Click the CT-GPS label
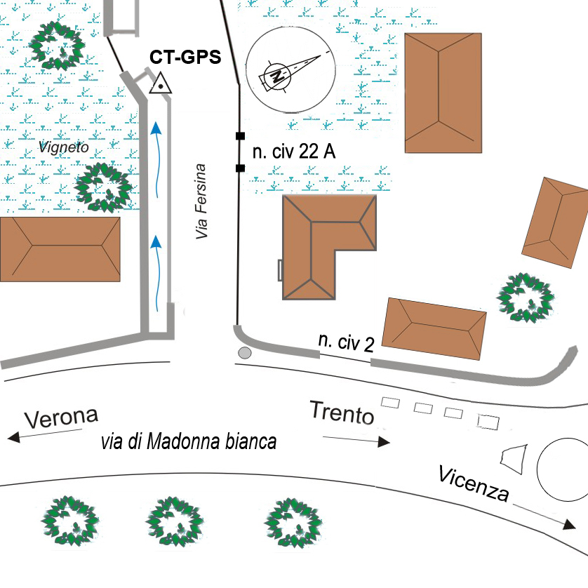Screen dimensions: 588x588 [x=185, y=57]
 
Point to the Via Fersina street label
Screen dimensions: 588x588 [x=202, y=202]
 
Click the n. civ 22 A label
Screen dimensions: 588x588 [x=293, y=153]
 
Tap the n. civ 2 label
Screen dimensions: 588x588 [x=346, y=343]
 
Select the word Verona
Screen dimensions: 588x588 [x=61, y=417]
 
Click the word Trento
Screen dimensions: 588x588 [x=342, y=413]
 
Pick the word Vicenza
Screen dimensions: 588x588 [x=473, y=483]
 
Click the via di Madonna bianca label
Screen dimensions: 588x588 [x=189, y=442]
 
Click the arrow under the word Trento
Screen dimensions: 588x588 [x=356, y=439]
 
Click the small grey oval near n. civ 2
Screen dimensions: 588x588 [x=245, y=352]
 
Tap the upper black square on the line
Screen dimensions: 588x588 [x=240, y=135]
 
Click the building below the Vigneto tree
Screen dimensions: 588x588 [x=60, y=248]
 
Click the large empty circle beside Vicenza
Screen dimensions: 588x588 [x=563, y=469]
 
